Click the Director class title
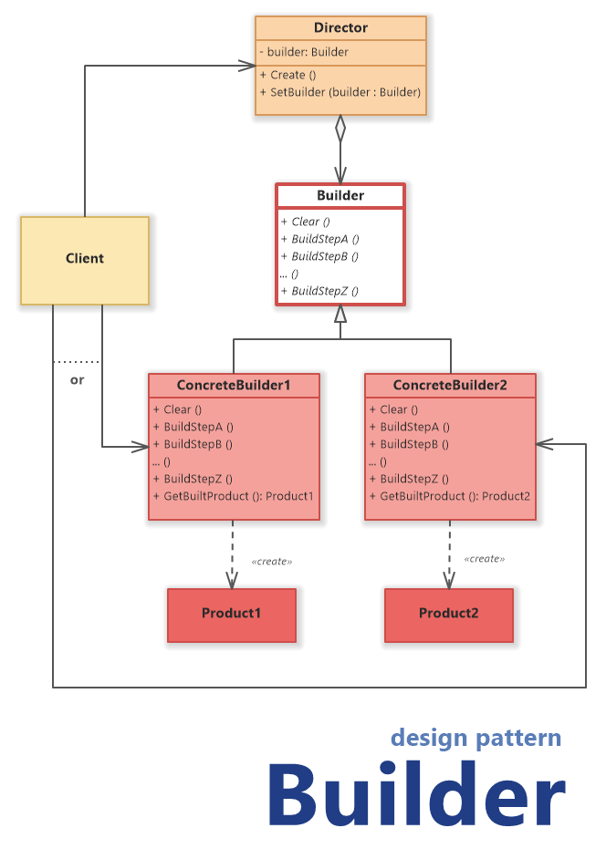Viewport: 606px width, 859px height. [340, 28]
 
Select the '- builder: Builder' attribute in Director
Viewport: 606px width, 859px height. [304, 52]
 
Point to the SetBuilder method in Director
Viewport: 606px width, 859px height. [340, 92]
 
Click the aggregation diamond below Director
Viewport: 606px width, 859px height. [340, 129]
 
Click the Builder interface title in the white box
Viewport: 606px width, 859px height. [340, 195]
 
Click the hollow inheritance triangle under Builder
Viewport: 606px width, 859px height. [340, 315]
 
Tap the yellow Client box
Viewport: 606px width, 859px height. [85, 259]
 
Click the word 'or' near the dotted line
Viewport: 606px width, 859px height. [77, 379]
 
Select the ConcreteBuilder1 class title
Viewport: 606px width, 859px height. [234, 386]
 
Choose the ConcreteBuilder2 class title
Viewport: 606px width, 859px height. [450, 386]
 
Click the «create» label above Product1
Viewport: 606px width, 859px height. [272, 561]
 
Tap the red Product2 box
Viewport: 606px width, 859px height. [448, 614]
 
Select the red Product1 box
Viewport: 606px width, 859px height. [232, 614]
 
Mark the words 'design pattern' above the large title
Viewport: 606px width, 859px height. [475, 738]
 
